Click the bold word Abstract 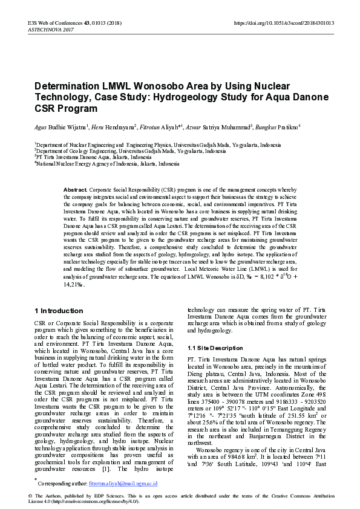pos(76,190)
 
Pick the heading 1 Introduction pos(59,311)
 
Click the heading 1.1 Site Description pos(215,348)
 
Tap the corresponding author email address pos(123,484)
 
